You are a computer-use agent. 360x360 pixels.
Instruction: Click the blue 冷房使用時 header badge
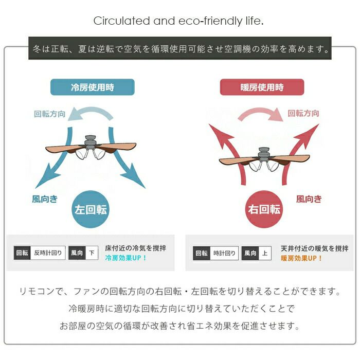pyautogui.click(x=92, y=87)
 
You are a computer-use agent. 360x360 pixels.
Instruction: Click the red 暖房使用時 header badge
pyautogui.click(x=262, y=87)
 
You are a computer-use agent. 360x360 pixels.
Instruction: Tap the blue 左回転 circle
pyautogui.click(x=91, y=209)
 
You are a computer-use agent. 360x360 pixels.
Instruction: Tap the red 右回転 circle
pyautogui.click(x=264, y=209)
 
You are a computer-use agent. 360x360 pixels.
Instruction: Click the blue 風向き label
pyautogui.click(x=45, y=199)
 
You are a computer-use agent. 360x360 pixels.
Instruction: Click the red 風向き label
pyautogui.click(x=309, y=199)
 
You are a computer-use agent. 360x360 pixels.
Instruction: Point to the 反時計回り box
pyautogui.click(x=48, y=253)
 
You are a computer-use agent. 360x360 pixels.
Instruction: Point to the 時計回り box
pyautogui.click(x=224, y=253)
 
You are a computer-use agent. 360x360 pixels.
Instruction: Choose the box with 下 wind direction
pyautogui.click(x=92, y=253)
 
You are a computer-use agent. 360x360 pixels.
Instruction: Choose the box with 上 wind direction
pyautogui.click(x=265, y=253)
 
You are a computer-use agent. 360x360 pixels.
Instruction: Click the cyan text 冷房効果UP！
pyautogui.click(x=126, y=258)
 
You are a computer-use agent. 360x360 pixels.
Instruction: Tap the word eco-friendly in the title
pyautogui.click(x=210, y=21)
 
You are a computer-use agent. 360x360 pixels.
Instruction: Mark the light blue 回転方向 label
pyautogui.click(x=49, y=114)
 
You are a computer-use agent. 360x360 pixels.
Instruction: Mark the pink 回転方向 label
pyautogui.click(x=303, y=113)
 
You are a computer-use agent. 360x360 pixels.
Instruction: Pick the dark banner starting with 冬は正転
pyautogui.click(x=180, y=48)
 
